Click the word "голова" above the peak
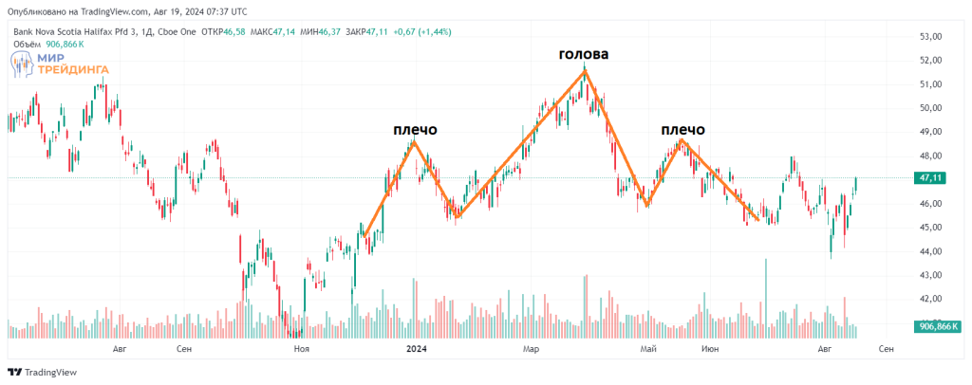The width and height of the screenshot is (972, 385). (583, 55)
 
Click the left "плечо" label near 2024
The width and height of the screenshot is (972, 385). (415, 130)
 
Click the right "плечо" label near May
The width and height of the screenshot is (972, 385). (682, 130)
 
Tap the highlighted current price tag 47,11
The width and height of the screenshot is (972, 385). (931, 178)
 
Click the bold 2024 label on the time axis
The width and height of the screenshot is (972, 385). (416, 349)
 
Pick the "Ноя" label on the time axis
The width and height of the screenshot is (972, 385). (302, 349)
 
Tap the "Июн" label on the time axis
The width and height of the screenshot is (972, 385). (708, 349)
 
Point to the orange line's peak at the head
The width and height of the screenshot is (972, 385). (587, 71)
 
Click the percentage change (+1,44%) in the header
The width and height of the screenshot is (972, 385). (430, 31)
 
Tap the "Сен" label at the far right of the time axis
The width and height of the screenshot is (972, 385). (885, 349)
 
